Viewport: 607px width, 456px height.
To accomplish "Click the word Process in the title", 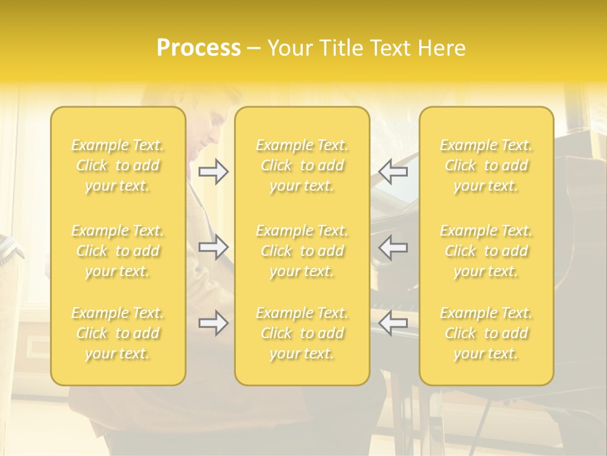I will [x=199, y=48].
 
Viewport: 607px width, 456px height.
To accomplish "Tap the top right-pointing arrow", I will [x=213, y=172].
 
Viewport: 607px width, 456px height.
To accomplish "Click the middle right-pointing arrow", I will [x=213, y=247].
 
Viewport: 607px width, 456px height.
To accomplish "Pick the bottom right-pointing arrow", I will [x=213, y=323].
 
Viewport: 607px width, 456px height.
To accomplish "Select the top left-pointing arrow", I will [x=393, y=172].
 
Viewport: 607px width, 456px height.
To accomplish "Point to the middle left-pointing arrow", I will [x=393, y=247].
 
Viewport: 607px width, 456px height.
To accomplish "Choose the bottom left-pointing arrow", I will [x=393, y=323].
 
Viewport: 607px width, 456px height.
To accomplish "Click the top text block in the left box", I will [x=118, y=165].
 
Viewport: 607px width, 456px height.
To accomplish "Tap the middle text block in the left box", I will [x=118, y=251].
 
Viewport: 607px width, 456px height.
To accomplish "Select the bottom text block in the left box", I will [x=118, y=333].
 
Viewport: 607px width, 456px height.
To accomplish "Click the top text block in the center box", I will [x=302, y=165].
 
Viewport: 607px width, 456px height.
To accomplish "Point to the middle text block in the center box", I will [x=302, y=251].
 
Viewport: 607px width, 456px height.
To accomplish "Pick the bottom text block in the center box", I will [x=302, y=333].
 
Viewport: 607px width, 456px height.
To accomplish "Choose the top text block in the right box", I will [x=486, y=165].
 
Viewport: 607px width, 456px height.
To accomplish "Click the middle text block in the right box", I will [x=486, y=251].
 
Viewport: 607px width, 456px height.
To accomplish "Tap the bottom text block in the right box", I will [x=486, y=333].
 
